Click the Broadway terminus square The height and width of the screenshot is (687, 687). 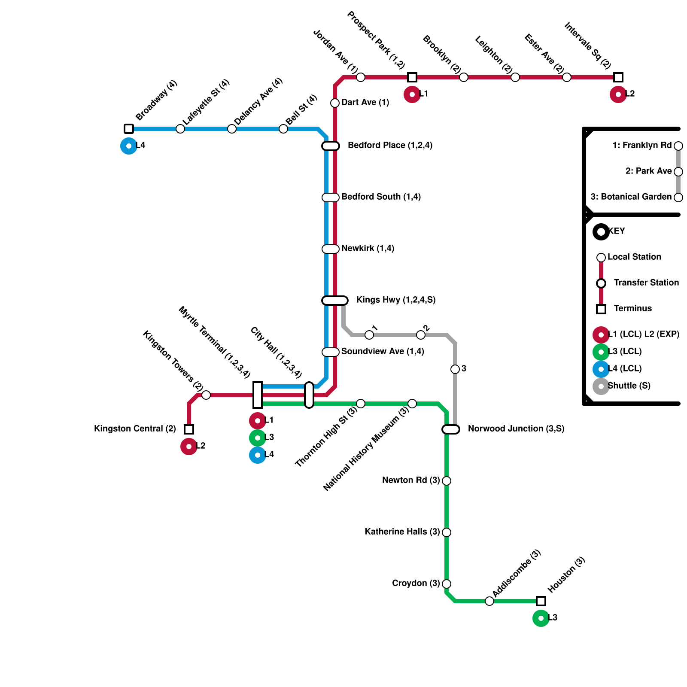tap(129, 129)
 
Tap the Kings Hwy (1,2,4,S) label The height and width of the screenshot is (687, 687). tap(395, 300)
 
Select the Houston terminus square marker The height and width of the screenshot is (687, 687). tap(541, 601)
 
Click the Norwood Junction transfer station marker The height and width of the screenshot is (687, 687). tap(451, 429)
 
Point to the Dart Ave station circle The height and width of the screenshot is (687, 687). tap(335, 103)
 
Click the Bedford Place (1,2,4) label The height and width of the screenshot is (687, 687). tap(390, 146)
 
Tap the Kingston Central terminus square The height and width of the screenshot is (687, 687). tap(189, 429)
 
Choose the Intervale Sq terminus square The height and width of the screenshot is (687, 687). tap(618, 77)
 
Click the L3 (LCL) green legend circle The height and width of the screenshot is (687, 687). tap(601, 352)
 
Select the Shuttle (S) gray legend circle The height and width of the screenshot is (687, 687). tap(601, 386)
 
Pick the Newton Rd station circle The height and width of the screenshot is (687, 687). tap(447, 481)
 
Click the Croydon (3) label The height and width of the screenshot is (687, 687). tap(416, 584)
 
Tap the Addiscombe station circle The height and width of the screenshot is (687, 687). tap(489, 601)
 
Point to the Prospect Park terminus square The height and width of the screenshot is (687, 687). tap(412, 77)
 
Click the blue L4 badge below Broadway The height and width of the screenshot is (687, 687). tap(129, 146)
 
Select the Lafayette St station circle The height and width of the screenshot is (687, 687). tap(180, 129)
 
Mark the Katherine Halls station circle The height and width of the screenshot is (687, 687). tap(447, 532)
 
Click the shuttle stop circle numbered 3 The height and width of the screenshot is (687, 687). tap(455, 369)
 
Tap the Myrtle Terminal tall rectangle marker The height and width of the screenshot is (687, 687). tap(258, 395)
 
